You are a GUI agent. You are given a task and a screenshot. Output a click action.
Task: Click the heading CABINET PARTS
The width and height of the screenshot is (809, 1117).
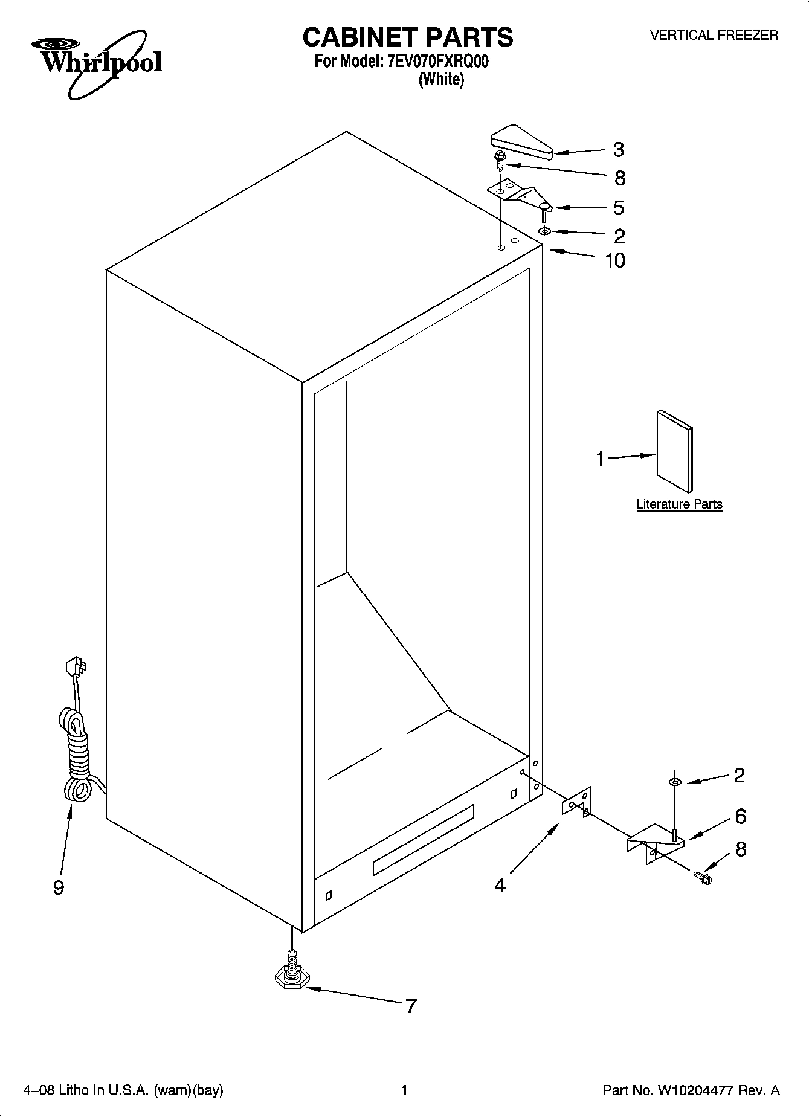click(407, 37)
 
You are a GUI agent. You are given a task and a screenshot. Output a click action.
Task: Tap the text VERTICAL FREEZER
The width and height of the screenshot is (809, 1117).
click(714, 36)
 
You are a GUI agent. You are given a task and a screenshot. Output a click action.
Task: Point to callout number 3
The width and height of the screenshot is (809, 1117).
click(618, 149)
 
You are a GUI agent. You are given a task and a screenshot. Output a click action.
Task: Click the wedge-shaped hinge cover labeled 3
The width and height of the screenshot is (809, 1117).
click(520, 143)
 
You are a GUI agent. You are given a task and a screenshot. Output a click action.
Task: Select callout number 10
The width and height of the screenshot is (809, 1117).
click(615, 260)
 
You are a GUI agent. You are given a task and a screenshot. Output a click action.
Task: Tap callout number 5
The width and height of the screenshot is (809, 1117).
click(618, 208)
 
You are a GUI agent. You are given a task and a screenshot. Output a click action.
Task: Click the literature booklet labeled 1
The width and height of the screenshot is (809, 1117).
click(674, 451)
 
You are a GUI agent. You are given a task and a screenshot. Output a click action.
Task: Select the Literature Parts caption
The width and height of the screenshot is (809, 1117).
click(679, 504)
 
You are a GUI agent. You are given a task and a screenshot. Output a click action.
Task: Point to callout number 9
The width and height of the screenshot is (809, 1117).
click(58, 887)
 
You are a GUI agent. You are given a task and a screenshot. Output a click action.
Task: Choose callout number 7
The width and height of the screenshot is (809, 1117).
click(411, 1006)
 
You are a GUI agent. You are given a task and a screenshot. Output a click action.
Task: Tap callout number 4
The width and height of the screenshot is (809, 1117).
click(500, 885)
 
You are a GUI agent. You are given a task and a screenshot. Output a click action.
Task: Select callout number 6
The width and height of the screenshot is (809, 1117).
click(740, 816)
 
